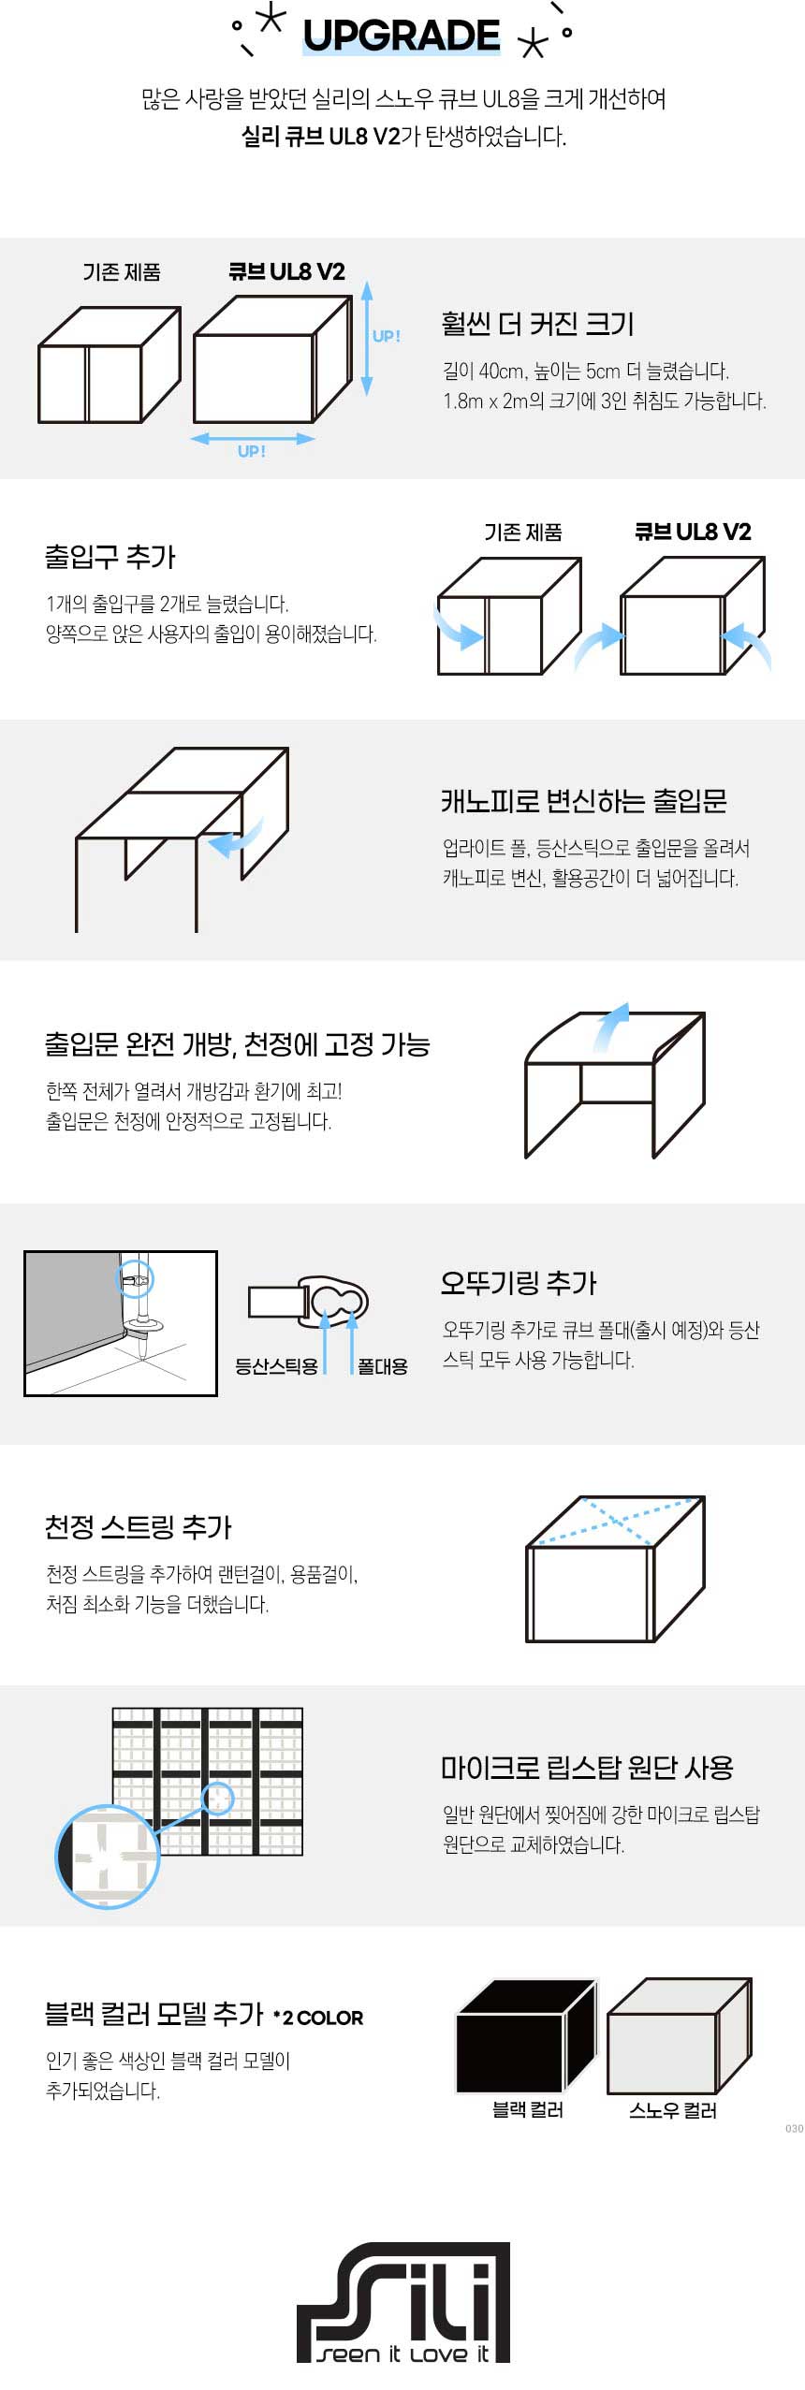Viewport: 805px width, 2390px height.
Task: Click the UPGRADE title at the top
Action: click(x=402, y=36)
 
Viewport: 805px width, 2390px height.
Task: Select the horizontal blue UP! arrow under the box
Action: click(x=253, y=438)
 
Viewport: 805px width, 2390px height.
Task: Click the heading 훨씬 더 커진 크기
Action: click(x=537, y=324)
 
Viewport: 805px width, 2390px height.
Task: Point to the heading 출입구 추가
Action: click(x=110, y=557)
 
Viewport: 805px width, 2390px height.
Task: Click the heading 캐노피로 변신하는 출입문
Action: click(x=584, y=800)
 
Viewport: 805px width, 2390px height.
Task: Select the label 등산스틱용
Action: click(x=276, y=1366)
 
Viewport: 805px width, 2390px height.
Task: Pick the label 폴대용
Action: click(x=383, y=1366)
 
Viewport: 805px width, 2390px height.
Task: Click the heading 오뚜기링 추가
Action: click(x=519, y=1282)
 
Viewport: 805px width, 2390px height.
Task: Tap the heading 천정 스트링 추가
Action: click(x=138, y=1526)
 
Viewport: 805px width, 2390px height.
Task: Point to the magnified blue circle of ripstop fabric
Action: click(x=108, y=1857)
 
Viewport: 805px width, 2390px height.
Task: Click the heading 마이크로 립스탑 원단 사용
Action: click(x=587, y=1767)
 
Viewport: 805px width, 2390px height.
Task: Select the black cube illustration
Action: click(x=526, y=2036)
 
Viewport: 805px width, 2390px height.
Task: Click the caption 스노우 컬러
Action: click(x=673, y=2110)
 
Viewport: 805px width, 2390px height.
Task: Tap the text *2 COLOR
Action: click(x=318, y=2017)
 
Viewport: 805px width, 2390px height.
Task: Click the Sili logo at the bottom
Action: click(x=403, y=2303)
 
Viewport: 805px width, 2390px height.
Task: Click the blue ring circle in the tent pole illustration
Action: click(x=135, y=1279)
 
